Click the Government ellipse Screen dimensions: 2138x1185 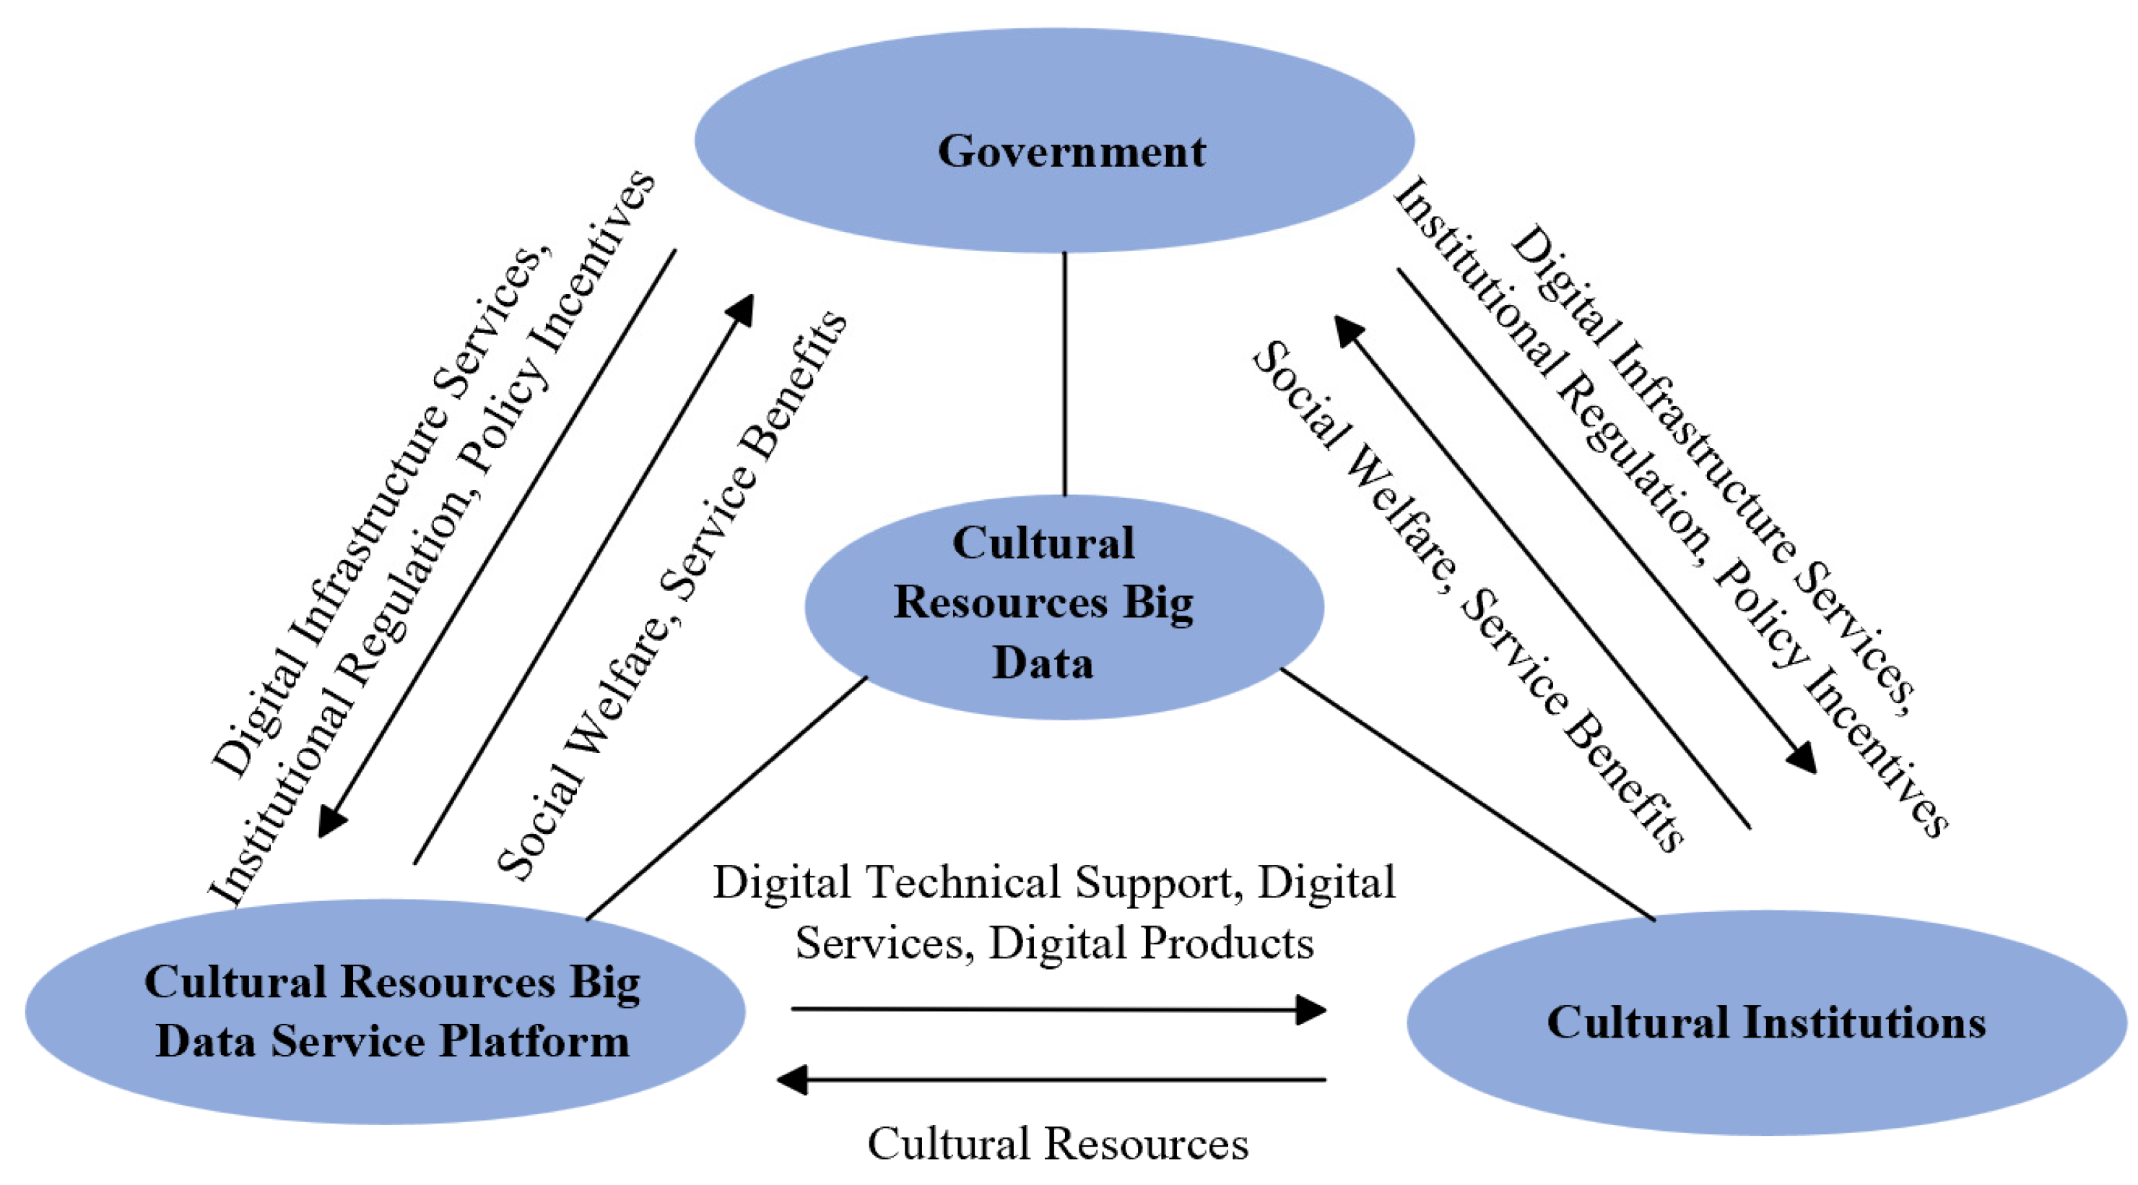[1054, 91]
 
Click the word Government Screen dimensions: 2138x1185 [1071, 151]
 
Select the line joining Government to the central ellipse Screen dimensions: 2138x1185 [1065, 374]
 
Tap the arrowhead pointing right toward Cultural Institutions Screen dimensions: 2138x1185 [1311, 1010]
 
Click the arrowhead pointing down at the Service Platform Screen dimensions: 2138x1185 [332, 822]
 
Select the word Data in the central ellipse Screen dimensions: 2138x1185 [1043, 663]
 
